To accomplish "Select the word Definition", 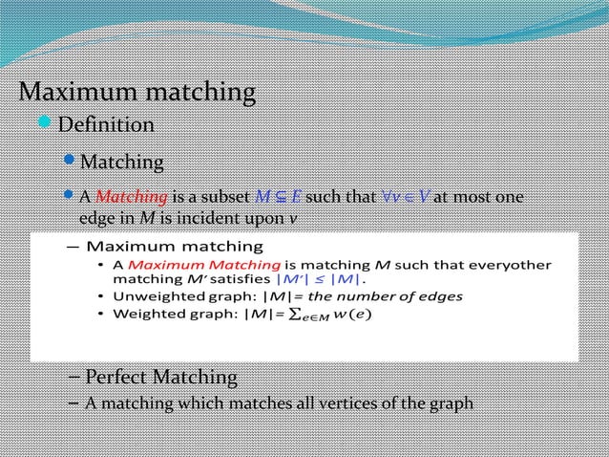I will tap(106, 125).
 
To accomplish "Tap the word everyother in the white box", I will tap(512, 264).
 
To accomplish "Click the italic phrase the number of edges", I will tap(394, 296).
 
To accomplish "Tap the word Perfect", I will tap(121, 376).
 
